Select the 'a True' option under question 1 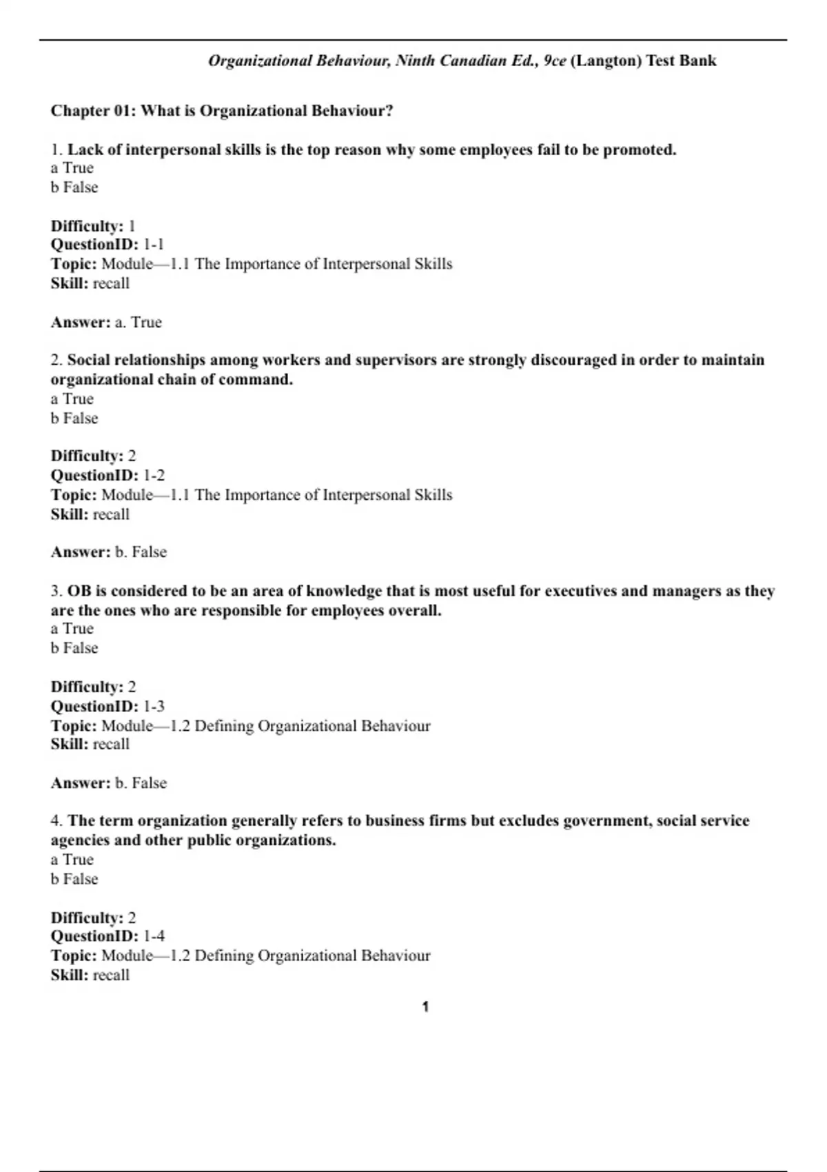72,168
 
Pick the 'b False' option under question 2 74,418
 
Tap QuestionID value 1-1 154,244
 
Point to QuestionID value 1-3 154,706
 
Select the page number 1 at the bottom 425,1007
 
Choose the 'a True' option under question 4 72,859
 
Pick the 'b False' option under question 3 74,648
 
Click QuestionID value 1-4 154,936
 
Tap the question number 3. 56,591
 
